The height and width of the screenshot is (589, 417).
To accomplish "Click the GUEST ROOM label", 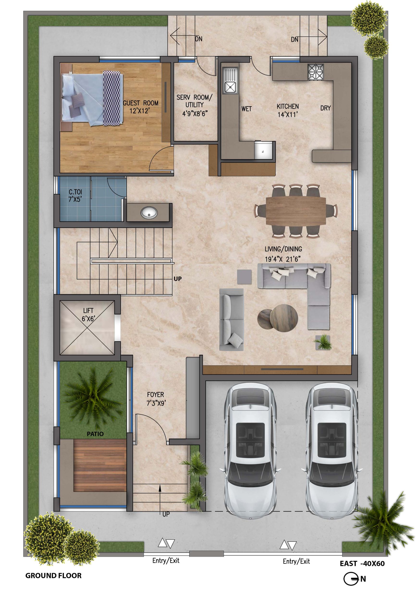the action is point(141,107).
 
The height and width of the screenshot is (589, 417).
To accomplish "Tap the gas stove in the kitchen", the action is point(315,71).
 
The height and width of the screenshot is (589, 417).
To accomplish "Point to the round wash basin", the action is point(149,212).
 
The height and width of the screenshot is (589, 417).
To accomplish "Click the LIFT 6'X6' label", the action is point(89,315).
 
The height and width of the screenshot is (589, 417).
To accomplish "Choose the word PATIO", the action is point(95,434).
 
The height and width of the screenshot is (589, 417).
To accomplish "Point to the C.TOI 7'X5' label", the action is point(75,195).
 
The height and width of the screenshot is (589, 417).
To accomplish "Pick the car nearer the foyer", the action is point(251,450).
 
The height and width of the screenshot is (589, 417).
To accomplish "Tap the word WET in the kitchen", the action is point(246,109).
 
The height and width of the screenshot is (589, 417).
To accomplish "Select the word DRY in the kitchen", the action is point(325,108).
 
